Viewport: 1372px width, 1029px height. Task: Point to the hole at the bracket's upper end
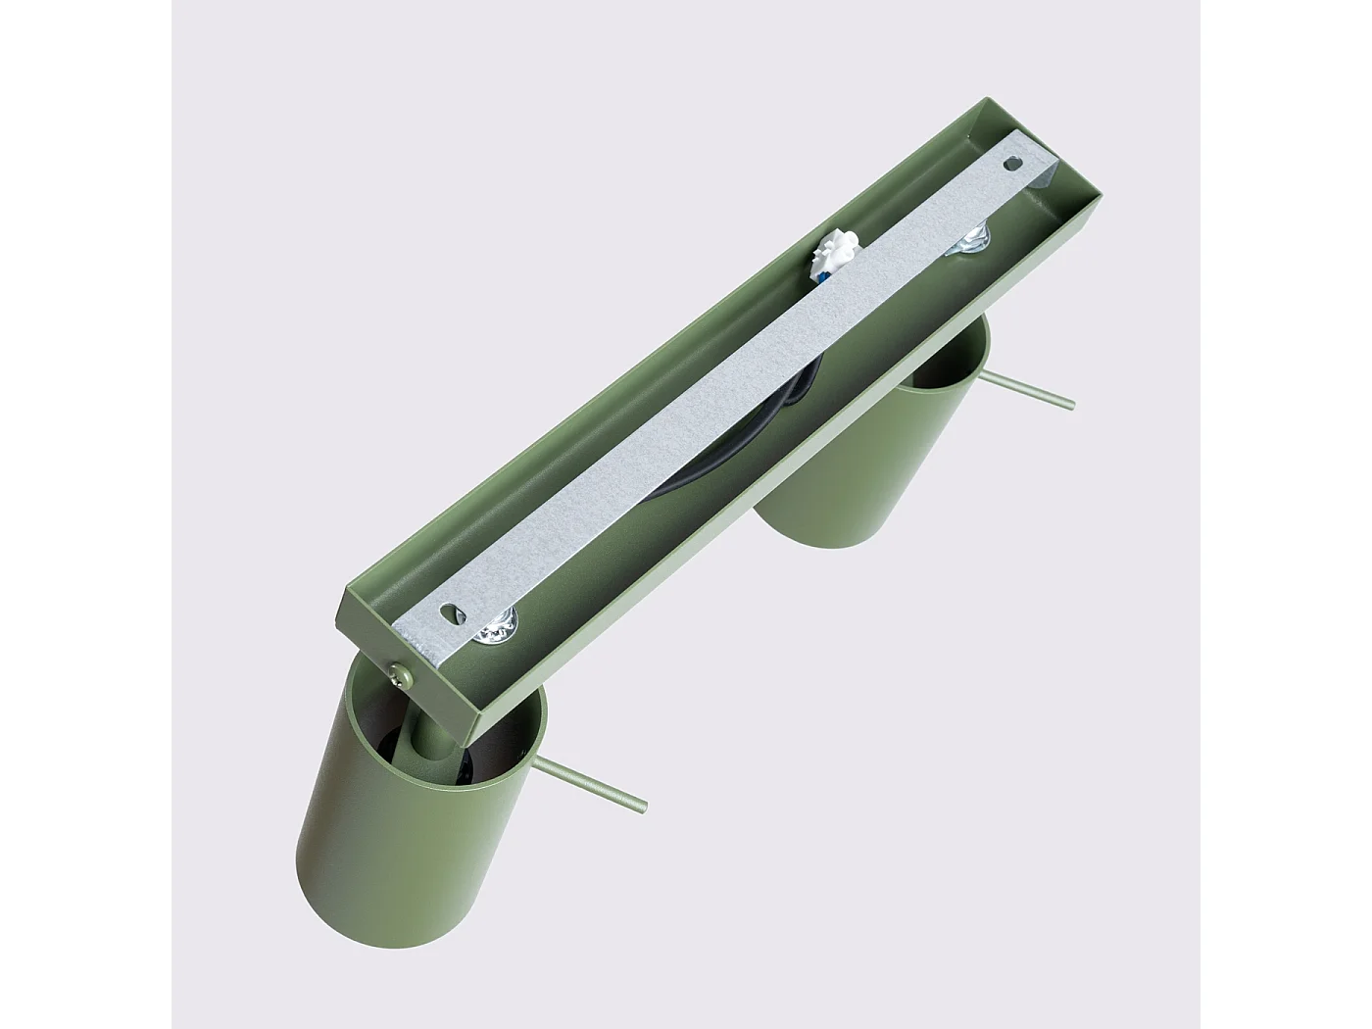pyautogui.click(x=1013, y=165)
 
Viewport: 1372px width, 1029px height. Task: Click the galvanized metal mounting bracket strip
pyautogui.click(x=725, y=392)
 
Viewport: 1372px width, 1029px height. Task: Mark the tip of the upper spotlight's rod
pyautogui.click(x=1070, y=404)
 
